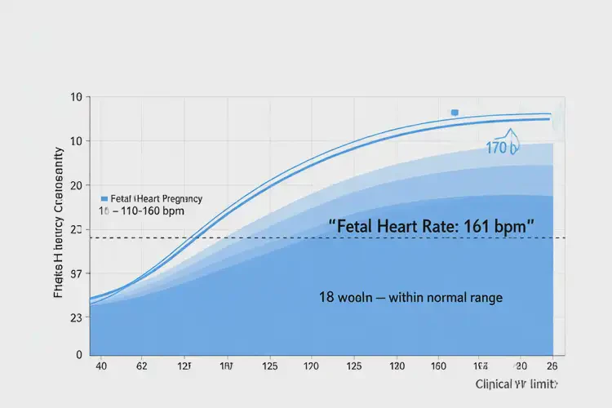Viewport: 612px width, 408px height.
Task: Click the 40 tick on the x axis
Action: click(x=102, y=366)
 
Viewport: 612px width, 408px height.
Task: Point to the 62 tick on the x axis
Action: click(x=143, y=366)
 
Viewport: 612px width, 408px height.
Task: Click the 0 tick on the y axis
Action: click(x=78, y=355)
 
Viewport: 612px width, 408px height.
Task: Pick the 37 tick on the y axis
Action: click(x=77, y=274)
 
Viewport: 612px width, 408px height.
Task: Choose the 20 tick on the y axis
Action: click(x=77, y=185)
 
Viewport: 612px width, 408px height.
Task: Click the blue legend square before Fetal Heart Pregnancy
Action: click(x=104, y=198)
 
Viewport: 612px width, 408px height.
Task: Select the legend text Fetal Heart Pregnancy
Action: click(x=155, y=198)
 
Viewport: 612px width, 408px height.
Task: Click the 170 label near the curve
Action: click(x=502, y=148)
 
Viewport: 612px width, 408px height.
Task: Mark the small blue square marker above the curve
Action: click(x=455, y=113)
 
